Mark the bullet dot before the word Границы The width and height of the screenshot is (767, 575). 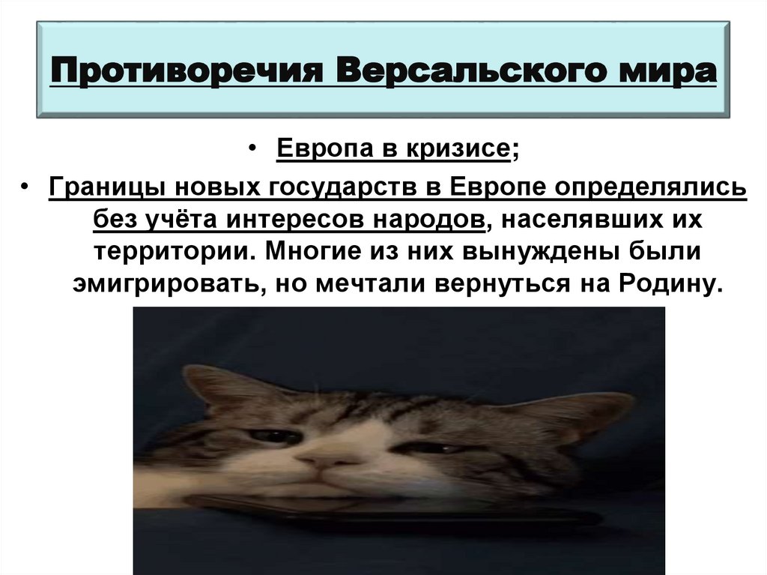(x=25, y=185)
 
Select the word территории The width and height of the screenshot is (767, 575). (x=171, y=252)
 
